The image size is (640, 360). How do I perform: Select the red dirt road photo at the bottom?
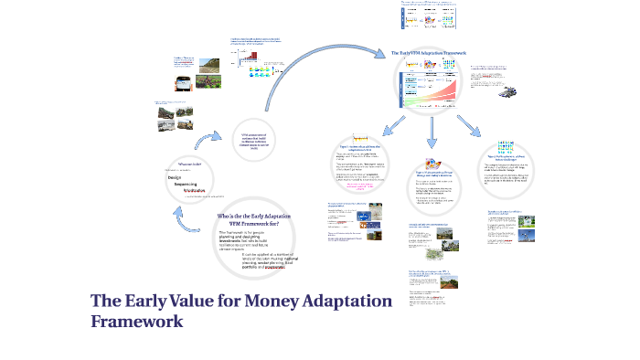(x=447, y=284)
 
